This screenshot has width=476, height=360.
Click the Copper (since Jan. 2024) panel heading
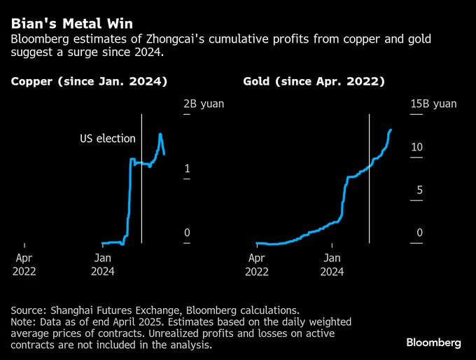(x=89, y=82)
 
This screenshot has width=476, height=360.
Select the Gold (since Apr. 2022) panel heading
(x=314, y=82)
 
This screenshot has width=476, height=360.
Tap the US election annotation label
(x=107, y=139)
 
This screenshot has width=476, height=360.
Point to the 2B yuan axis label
(x=204, y=104)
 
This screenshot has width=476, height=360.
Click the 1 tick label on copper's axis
(x=186, y=169)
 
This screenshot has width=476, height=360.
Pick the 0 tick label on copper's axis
(x=186, y=233)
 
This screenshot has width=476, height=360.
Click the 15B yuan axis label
(x=433, y=104)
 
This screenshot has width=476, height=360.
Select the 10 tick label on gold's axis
(x=416, y=147)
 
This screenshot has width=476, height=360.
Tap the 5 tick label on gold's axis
(x=419, y=191)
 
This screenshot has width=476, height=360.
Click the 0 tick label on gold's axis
(x=419, y=233)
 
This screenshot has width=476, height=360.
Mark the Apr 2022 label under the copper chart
(x=24, y=264)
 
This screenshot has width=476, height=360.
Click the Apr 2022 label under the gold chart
(x=257, y=264)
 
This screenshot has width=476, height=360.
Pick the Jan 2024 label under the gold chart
(x=334, y=264)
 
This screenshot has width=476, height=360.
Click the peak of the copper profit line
(x=160, y=134)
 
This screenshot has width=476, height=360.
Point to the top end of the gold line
(x=391, y=130)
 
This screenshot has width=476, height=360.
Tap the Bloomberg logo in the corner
(x=433, y=342)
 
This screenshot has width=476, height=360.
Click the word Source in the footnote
(x=29, y=310)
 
